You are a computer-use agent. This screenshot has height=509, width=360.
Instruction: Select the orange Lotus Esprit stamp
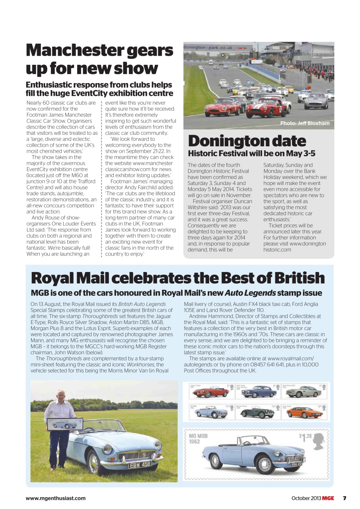(304, 412)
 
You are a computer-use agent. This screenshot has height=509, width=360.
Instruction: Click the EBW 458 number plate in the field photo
(139, 464)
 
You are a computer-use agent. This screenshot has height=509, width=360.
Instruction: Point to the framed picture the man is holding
(64, 424)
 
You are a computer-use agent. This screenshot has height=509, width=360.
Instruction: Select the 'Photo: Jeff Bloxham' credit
(305, 123)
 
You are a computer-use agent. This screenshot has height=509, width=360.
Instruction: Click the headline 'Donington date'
(247, 141)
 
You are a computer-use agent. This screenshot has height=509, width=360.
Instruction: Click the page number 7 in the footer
(344, 498)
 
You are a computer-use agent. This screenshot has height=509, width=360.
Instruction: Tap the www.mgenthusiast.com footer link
(55, 498)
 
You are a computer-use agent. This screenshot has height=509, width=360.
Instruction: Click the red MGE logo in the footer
(328, 498)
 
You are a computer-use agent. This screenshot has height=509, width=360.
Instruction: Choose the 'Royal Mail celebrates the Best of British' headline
(177, 278)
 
